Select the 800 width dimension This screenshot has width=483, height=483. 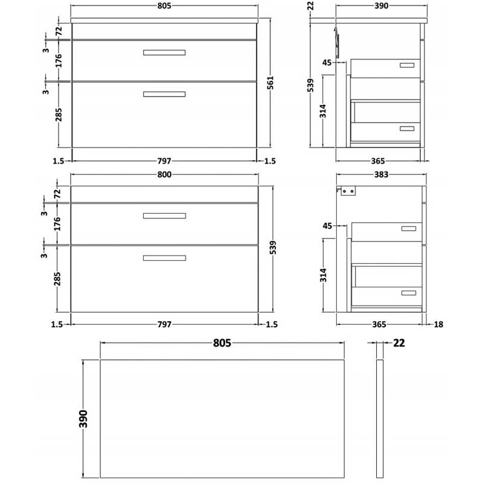coord(165,174)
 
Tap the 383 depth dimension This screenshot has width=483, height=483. coord(381,174)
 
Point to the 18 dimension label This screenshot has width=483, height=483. coord(438,324)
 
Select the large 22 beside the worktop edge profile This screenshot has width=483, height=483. coord(398,344)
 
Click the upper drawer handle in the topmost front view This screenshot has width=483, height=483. coord(164,53)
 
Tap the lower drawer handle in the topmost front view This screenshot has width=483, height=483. coord(164,94)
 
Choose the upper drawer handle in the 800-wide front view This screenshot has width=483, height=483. coord(164,216)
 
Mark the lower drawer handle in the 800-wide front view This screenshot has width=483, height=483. coord(164,258)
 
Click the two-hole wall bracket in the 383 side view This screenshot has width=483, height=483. coord(348,191)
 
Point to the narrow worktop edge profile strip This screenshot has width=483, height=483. coord(379,417)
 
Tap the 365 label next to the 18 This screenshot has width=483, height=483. coord(379,324)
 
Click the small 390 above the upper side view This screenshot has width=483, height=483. coord(381,6)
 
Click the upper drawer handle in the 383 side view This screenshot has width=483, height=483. coord(409,228)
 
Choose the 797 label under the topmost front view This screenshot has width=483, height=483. coord(165,161)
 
